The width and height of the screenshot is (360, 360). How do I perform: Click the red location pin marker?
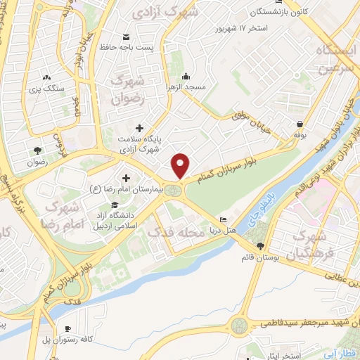click(181, 165)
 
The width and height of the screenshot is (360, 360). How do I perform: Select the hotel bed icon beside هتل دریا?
click(224, 218)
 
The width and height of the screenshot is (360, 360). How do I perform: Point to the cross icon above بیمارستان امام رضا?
click(126, 178)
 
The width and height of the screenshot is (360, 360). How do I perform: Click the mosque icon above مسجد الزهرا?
click(186, 76)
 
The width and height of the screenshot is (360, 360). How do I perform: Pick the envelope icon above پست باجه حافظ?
click(126, 37)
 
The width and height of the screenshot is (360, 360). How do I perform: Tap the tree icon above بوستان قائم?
click(261, 246)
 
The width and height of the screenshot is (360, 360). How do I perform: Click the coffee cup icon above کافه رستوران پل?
click(68, 328)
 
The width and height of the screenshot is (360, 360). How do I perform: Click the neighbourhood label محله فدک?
click(181, 232)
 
